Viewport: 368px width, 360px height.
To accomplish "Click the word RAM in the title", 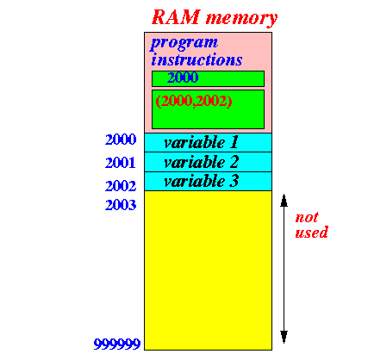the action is (x=176, y=17).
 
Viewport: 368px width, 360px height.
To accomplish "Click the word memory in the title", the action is (x=242, y=19).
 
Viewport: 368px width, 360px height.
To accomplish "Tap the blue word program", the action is (x=184, y=44).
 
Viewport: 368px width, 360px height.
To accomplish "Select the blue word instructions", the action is (x=196, y=59).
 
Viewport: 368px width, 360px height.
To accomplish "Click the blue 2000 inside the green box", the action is (x=183, y=78).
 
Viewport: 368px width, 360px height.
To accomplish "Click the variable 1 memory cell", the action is (x=208, y=142).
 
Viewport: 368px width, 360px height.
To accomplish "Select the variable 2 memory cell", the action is (x=208, y=162).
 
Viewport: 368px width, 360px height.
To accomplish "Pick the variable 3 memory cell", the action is (x=208, y=181).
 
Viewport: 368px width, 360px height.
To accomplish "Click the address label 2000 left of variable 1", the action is (x=121, y=140).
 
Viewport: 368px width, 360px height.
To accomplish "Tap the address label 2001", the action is (x=121, y=163).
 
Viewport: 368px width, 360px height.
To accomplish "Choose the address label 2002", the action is (x=121, y=186).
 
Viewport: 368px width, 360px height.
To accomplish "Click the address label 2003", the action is (x=121, y=205).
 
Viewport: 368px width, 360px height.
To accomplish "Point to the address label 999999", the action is (x=117, y=344).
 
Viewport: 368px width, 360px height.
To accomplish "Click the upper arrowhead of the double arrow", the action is (x=284, y=201).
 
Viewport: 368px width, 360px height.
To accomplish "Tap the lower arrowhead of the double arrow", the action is (x=284, y=337).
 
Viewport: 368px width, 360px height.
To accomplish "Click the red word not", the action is (x=307, y=217).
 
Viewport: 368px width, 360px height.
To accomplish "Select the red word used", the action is (x=312, y=233).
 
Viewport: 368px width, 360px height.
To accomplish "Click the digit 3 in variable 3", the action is (x=234, y=181).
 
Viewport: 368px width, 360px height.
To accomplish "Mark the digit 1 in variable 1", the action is (x=234, y=142).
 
